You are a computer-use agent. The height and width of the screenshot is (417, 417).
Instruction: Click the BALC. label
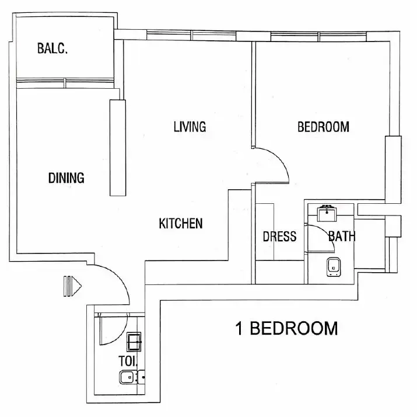pos(52,48)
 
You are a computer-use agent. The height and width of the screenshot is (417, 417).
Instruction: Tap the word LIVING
pos(190,127)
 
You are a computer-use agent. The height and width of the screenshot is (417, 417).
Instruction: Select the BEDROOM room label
pos(323,127)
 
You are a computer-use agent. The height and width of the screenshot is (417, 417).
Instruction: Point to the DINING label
pos(66,178)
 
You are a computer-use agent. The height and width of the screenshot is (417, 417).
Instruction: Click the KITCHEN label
pos(181,223)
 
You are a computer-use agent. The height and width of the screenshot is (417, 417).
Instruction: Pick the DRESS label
pos(279,237)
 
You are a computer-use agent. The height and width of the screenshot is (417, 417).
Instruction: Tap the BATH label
pos(342,237)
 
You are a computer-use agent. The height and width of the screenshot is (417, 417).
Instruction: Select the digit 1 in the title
pos(239,328)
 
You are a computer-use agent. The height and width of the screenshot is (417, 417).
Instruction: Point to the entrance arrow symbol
pos(73,287)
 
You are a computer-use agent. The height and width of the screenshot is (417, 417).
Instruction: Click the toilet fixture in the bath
pos(334,266)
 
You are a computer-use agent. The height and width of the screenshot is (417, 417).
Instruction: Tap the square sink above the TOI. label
pos(134,340)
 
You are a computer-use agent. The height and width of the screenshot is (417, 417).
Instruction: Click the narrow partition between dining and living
pos(117,148)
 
